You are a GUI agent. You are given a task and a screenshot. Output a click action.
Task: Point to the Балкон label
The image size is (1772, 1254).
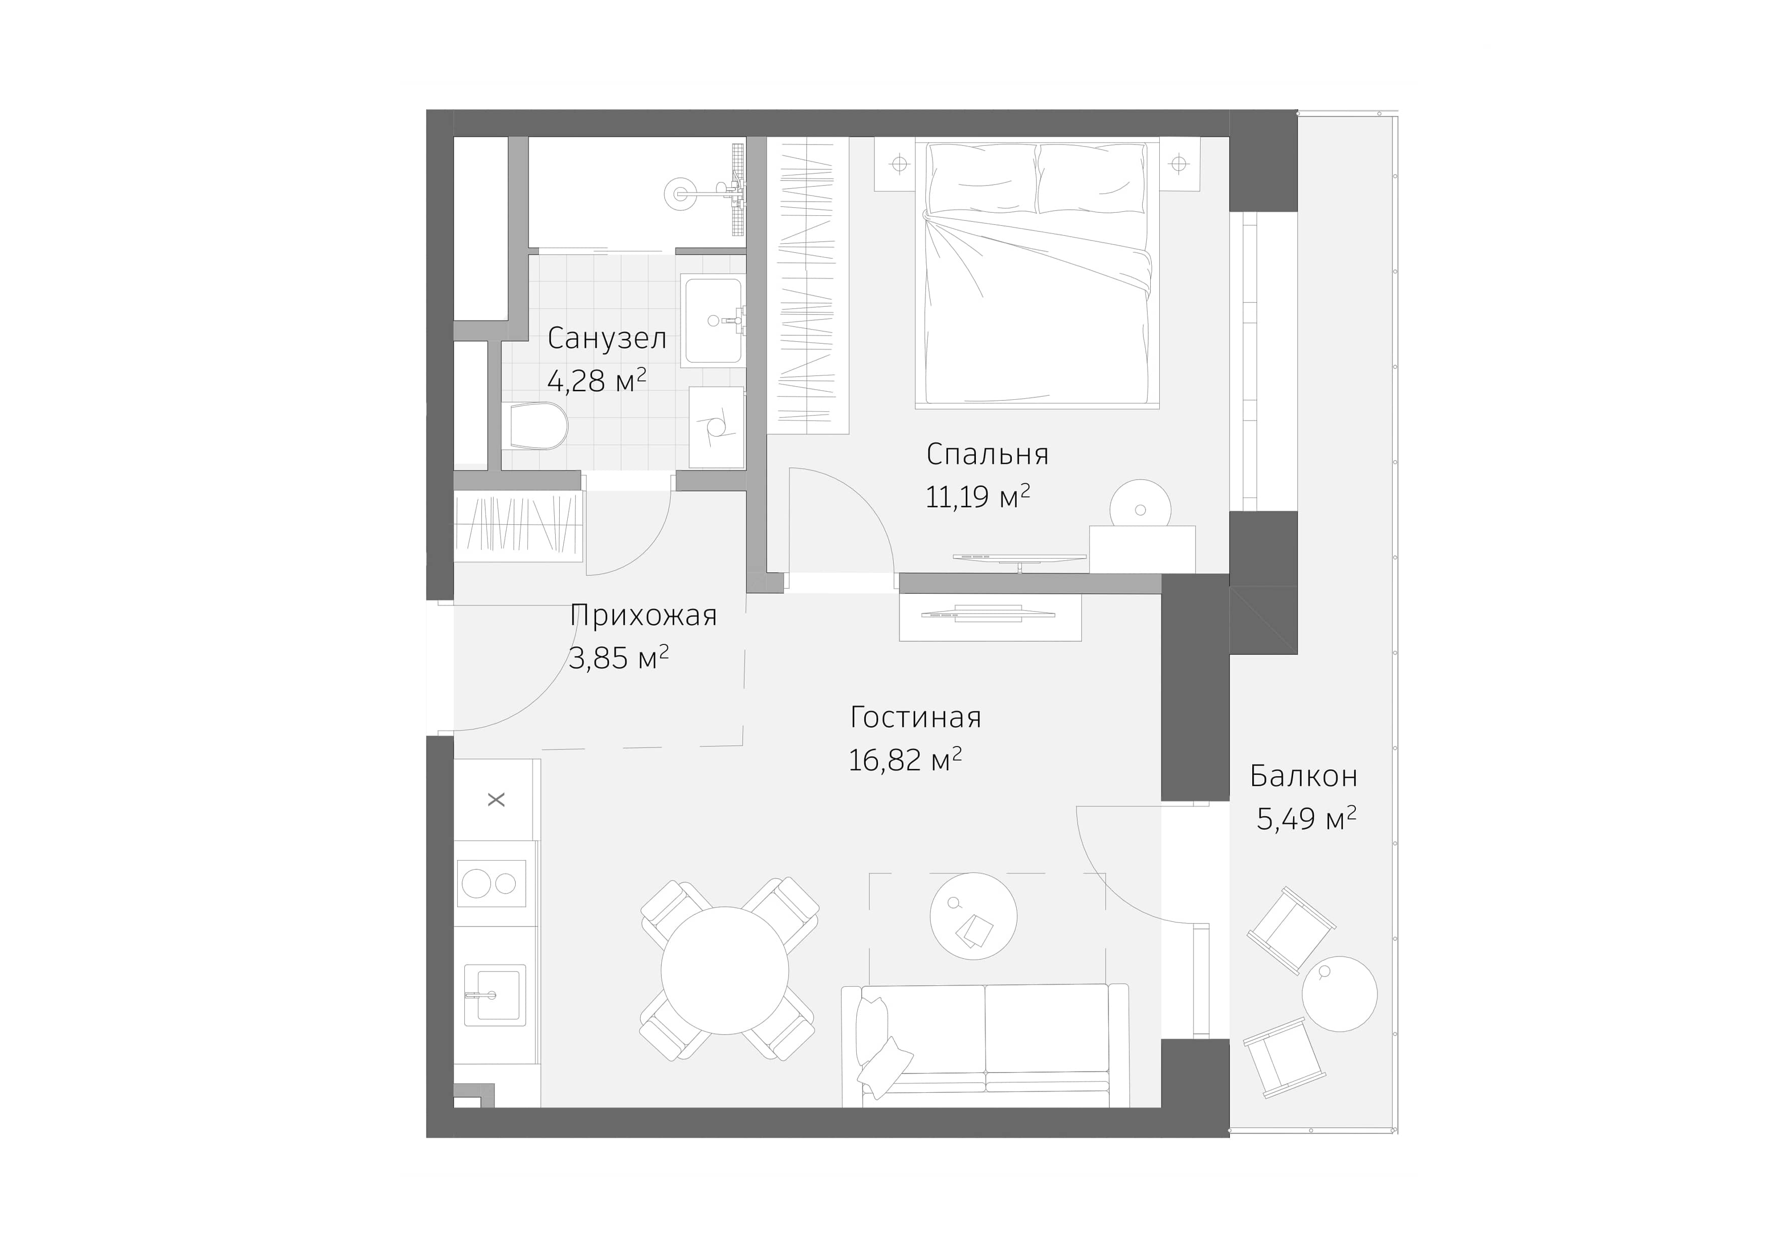coord(1304,776)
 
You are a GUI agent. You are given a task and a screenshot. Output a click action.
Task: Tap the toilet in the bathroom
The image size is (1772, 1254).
coord(538,426)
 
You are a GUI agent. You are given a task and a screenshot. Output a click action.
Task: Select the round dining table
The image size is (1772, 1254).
coord(725,970)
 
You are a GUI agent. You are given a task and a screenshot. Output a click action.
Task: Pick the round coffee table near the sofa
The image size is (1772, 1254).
coord(973,916)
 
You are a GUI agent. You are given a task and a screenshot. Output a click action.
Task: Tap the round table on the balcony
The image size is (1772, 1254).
coord(1339,994)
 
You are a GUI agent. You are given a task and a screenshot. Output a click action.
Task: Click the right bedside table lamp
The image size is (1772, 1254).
coord(1178,164)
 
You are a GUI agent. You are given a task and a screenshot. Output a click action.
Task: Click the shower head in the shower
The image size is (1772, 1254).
coord(680,193)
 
